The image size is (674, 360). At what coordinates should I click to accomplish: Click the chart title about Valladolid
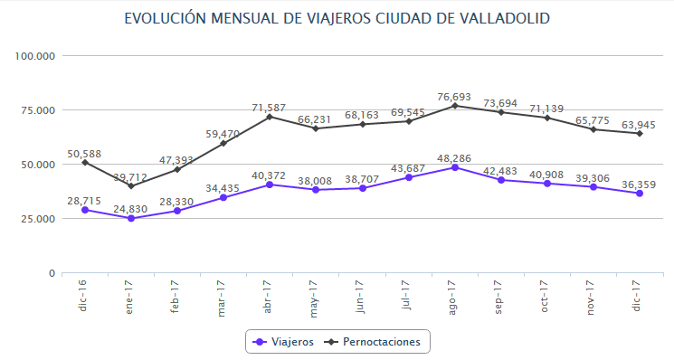pyautogui.click(x=337, y=18)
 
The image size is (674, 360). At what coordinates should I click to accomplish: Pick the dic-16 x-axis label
pyautogui.click(x=85, y=296)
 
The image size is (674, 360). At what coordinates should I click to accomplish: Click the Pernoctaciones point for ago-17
pyautogui.click(x=454, y=106)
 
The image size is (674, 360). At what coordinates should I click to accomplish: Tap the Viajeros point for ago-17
pyautogui.click(x=454, y=167)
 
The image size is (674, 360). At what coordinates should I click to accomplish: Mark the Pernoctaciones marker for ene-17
pyautogui.click(x=131, y=186)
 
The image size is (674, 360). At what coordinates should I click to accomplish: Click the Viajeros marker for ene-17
pyautogui.click(x=131, y=218)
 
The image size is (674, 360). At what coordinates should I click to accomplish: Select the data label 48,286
pyautogui.click(x=454, y=156)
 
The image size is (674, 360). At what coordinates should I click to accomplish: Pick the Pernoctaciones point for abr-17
pyautogui.click(x=270, y=117)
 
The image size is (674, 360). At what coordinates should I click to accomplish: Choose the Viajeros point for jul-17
pyautogui.click(x=408, y=177)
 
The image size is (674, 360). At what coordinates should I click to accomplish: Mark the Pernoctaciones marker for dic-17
pyautogui.click(x=639, y=134)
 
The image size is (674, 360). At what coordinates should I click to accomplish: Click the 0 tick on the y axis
pyautogui.click(x=52, y=273)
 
